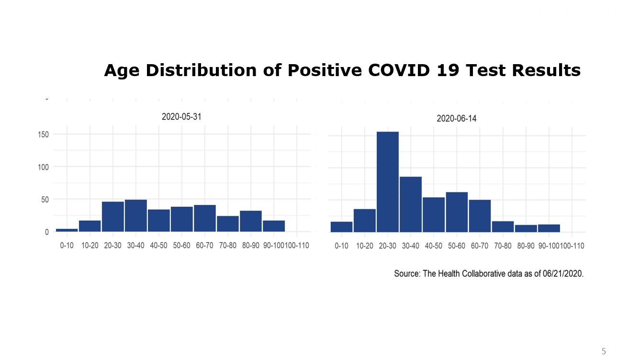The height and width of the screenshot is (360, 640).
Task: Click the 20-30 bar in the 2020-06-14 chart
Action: [388, 182]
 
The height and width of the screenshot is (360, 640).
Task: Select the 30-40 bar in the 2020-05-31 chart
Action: [136, 216]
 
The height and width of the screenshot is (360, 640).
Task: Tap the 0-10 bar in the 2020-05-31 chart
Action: [67, 230]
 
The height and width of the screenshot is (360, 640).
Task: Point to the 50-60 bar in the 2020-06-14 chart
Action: [457, 212]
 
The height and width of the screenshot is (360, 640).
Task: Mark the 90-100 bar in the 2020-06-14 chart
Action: [549, 228]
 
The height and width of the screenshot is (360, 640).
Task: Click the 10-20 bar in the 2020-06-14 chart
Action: [365, 221]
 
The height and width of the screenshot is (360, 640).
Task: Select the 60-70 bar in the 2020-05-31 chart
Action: [205, 218]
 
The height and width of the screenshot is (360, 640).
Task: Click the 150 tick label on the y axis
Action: [43, 135]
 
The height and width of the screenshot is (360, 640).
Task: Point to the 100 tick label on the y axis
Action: [43, 167]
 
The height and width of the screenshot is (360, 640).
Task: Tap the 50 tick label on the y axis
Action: [45, 199]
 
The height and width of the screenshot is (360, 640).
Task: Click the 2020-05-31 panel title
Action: [181, 116]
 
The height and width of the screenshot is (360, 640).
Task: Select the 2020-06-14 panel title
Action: [456, 118]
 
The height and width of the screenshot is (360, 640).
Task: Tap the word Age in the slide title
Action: [122, 70]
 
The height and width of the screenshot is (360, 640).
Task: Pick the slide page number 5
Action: [603, 351]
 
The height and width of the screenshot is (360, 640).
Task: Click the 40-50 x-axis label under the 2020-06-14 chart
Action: [434, 246]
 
